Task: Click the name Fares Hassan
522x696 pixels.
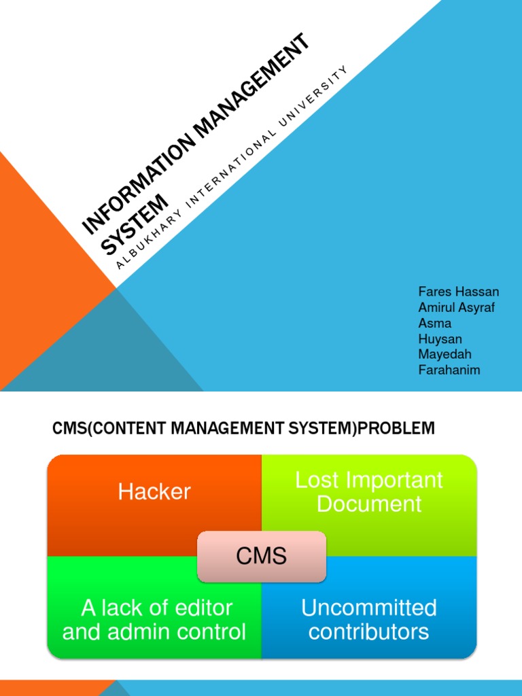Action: (x=459, y=292)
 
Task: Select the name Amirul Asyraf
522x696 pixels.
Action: (x=456, y=307)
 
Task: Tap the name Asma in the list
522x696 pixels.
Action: (x=434, y=323)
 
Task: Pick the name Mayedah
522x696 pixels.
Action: (x=445, y=354)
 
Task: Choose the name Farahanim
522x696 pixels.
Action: (x=449, y=370)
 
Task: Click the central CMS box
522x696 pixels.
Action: (x=262, y=557)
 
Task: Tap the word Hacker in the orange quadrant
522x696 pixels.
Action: (x=154, y=491)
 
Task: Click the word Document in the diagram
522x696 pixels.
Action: (x=369, y=504)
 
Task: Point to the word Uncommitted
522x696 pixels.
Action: (x=369, y=607)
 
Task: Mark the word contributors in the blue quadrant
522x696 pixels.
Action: (x=369, y=631)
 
